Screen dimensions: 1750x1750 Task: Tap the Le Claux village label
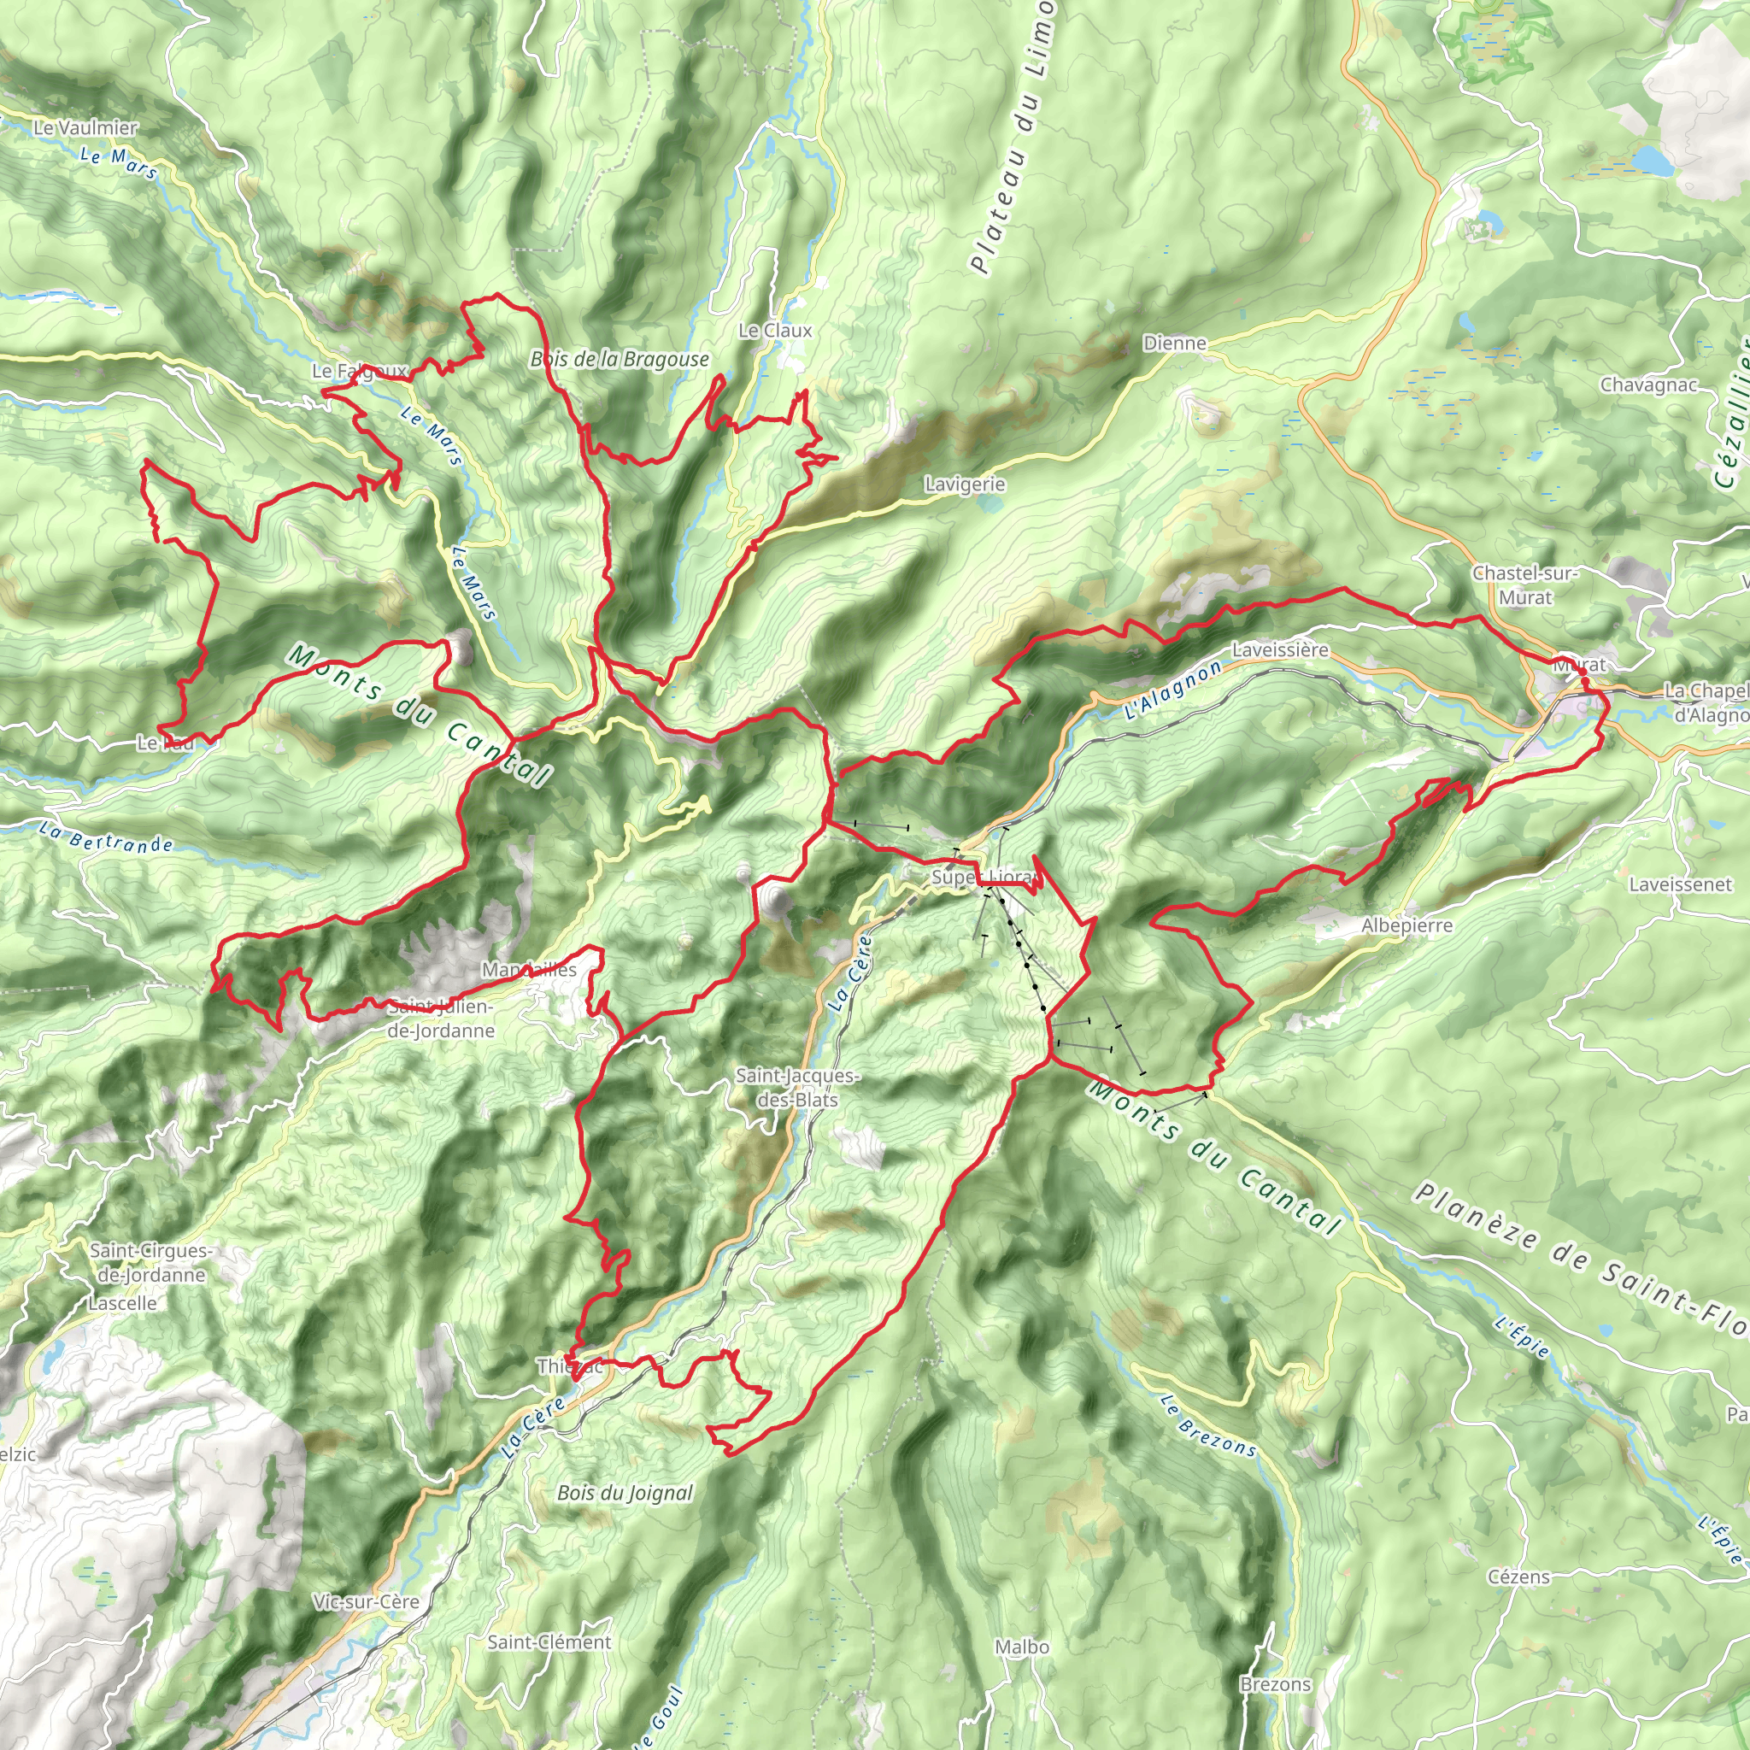[775, 331]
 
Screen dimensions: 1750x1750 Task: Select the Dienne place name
[1175, 344]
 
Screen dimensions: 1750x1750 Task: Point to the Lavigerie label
[965, 484]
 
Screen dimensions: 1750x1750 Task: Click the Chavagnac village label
[1648, 385]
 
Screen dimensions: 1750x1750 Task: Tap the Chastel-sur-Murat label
[1525, 585]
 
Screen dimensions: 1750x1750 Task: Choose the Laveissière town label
[1280, 650]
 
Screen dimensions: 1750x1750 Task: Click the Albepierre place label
[1406, 925]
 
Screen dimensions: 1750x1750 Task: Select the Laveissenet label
[1679, 884]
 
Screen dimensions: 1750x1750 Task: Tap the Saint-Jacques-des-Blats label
[798, 1088]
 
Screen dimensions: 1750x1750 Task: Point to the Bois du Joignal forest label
[625, 1493]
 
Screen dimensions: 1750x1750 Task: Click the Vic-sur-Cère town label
[367, 1601]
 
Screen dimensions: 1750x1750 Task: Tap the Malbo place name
[1022, 1647]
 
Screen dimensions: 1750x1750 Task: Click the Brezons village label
[1276, 1685]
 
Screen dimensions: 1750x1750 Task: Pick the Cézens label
[1519, 1577]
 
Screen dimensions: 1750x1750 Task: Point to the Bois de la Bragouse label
[620, 360]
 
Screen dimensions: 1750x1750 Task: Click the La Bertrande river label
[107, 838]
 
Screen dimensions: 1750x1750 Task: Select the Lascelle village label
[123, 1303]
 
